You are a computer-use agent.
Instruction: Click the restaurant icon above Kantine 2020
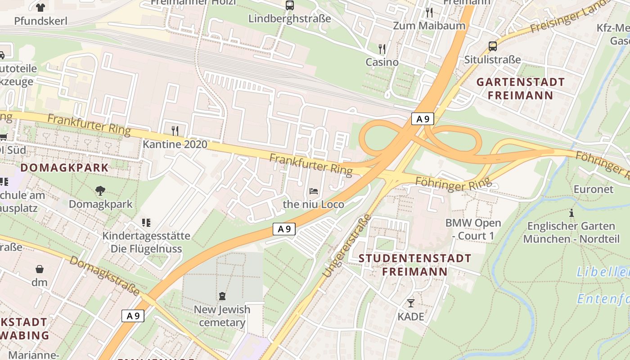[175, 130]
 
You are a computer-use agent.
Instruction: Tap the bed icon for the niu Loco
[314, 191]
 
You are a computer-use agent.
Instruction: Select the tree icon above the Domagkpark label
[100, 190]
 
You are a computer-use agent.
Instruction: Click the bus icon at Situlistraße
[493, 46]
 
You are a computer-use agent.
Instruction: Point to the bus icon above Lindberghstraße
[290, 5]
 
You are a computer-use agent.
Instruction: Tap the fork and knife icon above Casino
[382, 49]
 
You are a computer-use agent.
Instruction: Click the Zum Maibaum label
[429, 26]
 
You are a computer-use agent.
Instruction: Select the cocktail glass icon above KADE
[411, 303]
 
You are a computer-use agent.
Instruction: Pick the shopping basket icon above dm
[40, 269]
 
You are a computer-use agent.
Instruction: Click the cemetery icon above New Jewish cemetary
[222, 296]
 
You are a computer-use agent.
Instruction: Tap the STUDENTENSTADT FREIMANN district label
[415, 265]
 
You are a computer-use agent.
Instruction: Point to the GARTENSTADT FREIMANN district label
[520, 89]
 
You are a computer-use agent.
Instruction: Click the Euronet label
[593, 189]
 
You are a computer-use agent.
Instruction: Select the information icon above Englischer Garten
[571, 213]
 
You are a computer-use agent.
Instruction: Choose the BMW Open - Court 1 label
[473, 229]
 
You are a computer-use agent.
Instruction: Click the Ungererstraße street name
[346, 245]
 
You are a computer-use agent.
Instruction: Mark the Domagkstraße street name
[104, 275]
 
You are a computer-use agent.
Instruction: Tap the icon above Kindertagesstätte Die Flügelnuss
[146, 222]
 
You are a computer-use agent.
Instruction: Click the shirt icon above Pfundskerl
[40, 7]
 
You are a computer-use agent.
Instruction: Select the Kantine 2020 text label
[175, 144]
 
